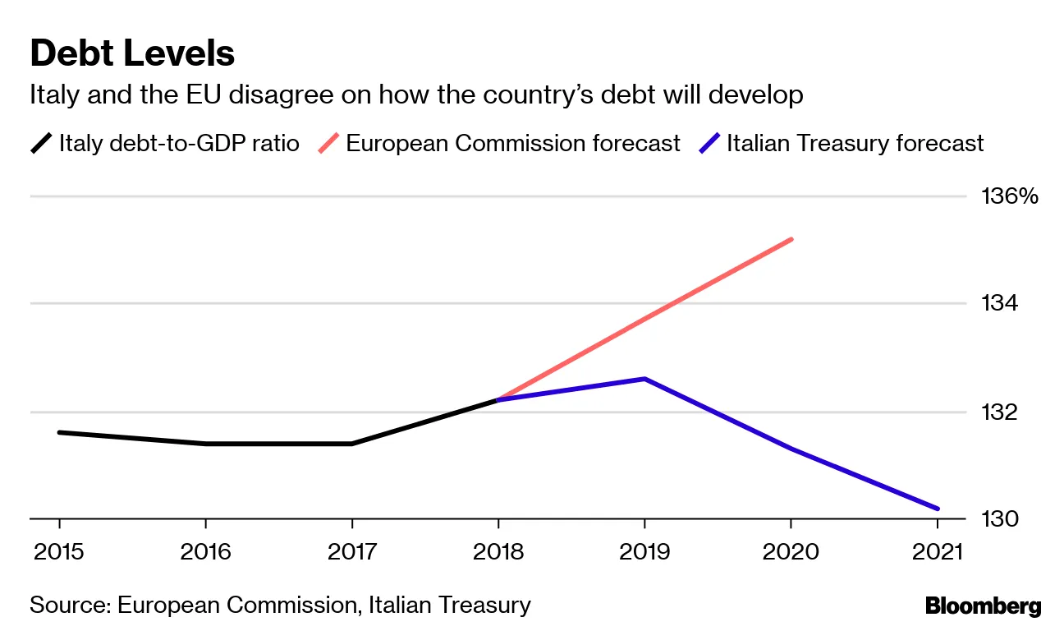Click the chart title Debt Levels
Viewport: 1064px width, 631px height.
[x=132, y=54]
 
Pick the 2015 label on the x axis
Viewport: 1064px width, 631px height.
[x=59, y=551]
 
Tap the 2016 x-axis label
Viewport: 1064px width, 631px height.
[x=205, y=551]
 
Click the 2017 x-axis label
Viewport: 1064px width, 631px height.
[x=352, y=551]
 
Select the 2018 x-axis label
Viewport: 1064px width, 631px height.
[x=498, y=551]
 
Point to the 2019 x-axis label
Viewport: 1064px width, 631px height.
[x=644, y=551]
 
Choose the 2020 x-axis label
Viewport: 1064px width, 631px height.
[x=791, y=551]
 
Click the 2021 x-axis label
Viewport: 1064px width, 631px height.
[x=937, y=551]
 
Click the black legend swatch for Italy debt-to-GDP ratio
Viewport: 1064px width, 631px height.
[x=41, y=144]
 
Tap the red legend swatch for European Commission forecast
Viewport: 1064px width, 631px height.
[x=328, y=144]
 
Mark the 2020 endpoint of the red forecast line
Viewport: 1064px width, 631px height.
[x=791, y=239]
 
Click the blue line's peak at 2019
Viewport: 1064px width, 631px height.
[x=645, y=379]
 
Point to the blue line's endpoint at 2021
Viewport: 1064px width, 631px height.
[x=937, y=509]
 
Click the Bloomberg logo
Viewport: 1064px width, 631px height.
[x=983, y=607]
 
